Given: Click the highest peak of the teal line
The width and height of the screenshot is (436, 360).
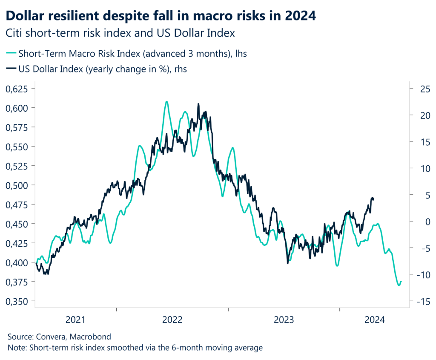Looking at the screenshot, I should (166, 101).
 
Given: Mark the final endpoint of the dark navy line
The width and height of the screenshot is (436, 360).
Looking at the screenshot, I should (373, 199).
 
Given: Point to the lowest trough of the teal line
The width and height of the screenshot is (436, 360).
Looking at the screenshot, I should (399, 285).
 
